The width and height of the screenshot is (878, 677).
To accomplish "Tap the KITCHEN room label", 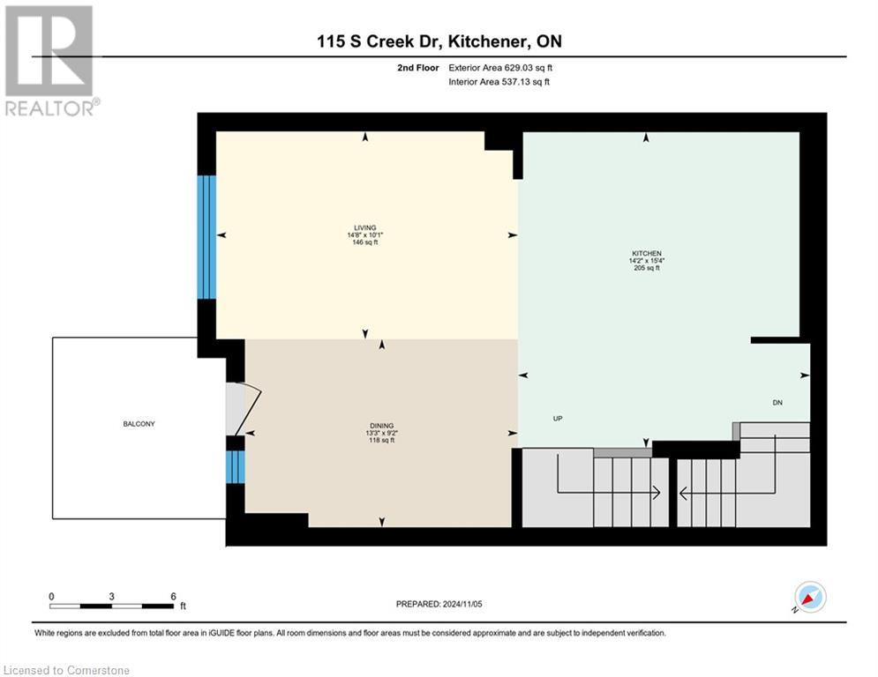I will tap(646, 253).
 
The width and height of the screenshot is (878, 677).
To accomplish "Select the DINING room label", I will tap(381, 425).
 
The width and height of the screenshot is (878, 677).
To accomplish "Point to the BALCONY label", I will tap(139, 424).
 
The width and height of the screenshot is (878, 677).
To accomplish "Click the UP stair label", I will tap(558, 419).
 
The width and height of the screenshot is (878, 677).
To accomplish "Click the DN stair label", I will tap(777, 402).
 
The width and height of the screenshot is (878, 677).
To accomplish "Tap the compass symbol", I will tap(809, 598).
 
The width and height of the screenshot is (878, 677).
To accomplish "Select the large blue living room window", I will tap(206, 237).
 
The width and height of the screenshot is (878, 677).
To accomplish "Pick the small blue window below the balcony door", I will tap(235, 467).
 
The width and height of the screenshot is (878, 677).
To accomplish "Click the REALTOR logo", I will tap(50, 60).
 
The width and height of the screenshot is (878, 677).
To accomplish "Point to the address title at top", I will tap(439, 41).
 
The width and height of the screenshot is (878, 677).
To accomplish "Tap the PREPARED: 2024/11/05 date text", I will tap(439, 604).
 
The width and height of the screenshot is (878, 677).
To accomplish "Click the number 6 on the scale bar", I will tap(173, 596).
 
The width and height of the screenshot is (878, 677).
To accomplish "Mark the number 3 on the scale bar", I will tap(111, 596).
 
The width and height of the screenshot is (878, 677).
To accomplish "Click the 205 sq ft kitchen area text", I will tap(646, 268).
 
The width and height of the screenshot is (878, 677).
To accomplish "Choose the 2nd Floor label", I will tap(414, 67).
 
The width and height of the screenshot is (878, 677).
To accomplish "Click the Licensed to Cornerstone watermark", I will tap(65, 670).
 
